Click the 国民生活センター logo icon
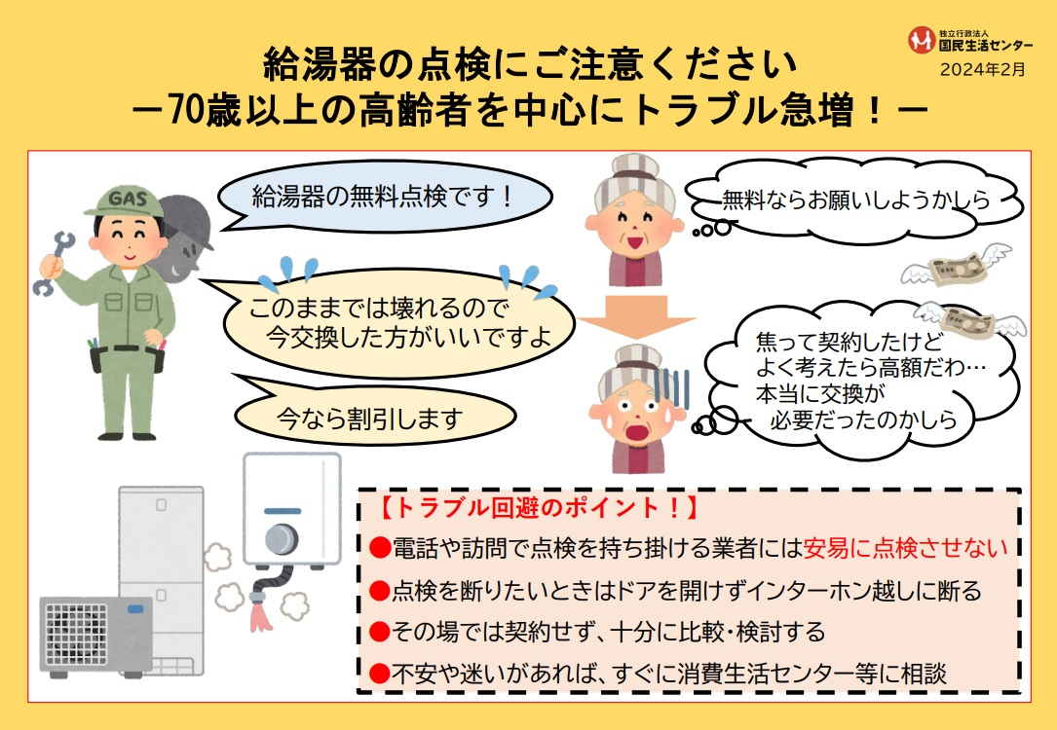(921, 40)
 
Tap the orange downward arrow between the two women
(635, 317)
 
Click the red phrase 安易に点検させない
(906, 548)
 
